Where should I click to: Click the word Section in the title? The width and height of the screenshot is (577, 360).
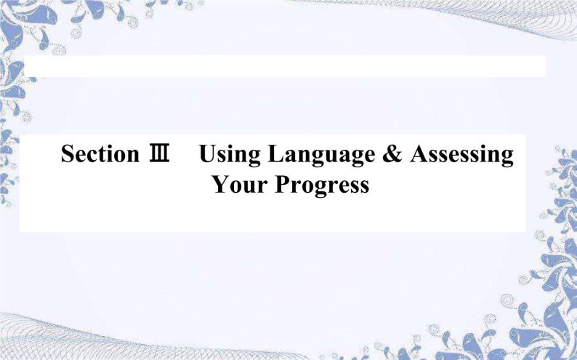[x=99, y=155]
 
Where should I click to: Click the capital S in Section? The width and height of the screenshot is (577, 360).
[x=68, y=155]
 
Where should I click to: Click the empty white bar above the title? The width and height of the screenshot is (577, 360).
[x=283, y=66]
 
